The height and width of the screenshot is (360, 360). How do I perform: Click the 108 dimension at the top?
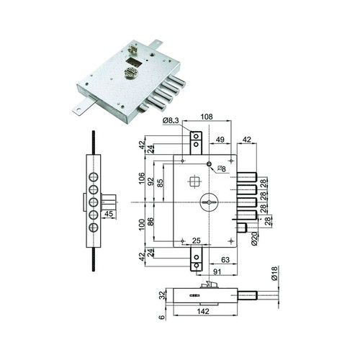(207, 117)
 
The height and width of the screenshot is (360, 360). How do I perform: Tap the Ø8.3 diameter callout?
(171, 121)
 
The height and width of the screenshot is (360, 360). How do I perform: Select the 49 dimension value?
(220, 140)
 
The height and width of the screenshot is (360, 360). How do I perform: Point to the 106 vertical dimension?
(142, 179)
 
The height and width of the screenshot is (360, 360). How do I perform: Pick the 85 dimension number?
(161, 183)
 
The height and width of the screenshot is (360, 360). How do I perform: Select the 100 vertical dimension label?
(142, 225)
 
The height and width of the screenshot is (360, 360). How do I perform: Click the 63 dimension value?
(225, 260)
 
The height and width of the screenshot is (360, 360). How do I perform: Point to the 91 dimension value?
(217, 271)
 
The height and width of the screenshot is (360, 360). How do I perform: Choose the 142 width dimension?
(203, 311)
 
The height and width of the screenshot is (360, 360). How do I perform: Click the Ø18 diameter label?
(274, 274)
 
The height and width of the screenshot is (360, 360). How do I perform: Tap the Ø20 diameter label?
(255, 239)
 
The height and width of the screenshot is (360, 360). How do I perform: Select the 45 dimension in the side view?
(109, 214)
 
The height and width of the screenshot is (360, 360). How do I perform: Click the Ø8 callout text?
(222, 169)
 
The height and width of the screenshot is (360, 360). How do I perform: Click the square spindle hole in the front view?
(194, 181)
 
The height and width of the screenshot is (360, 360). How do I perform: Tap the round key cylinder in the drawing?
(209, 202)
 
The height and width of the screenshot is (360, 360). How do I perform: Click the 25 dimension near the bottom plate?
(197, 240)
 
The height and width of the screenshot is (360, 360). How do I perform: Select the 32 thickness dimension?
(163, 295)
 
